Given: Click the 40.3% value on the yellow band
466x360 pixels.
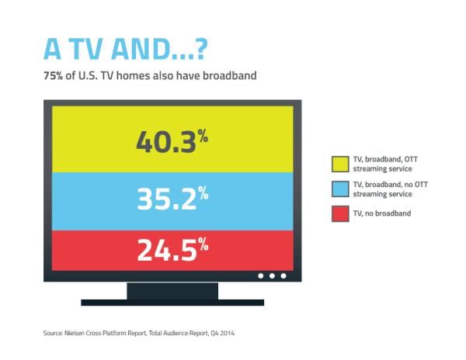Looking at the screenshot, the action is click(172, 141).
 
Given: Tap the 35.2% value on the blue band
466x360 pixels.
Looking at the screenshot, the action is click(172, 199).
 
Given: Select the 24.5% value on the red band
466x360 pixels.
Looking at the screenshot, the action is click(172, 249).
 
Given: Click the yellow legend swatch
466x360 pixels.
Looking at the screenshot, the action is click(340, 164).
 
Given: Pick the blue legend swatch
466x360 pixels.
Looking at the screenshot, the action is click(340, 189).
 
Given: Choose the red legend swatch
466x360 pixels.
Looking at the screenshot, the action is click(340, 213).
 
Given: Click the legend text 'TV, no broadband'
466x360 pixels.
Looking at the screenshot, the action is click(382, 213).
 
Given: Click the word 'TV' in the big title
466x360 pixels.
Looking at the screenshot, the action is click(85, 49).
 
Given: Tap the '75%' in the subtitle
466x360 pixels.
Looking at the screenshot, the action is click(53, 76).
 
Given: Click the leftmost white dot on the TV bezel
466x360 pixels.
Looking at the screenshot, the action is click(261, 276).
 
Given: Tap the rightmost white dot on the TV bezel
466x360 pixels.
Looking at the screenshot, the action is click(283, 276).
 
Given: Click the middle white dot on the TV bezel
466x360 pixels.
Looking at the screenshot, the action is click(272, 276).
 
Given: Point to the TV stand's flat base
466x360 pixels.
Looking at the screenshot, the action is click(172, 303).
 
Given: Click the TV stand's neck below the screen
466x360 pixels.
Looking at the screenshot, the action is click(172, 291).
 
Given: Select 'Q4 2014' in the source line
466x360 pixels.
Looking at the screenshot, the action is click(222, 334).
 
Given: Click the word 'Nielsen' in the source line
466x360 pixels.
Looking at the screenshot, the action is click(75, 333).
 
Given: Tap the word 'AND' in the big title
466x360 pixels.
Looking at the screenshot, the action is click(141, 49).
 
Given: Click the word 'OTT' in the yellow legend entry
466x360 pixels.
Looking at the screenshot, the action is click(411, 159).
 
